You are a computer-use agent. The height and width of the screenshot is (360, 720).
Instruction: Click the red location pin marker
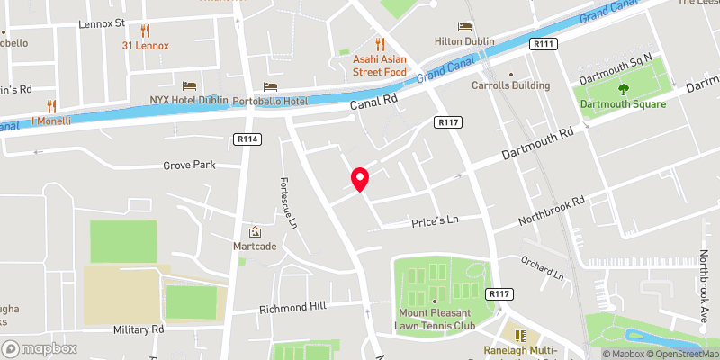tap(360, 178)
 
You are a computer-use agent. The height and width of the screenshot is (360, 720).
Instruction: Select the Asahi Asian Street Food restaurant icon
tap(380, 43)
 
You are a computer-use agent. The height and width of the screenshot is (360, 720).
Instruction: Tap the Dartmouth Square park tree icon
tap(623, 89)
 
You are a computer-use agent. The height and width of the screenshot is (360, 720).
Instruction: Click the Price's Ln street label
tap(435, 220)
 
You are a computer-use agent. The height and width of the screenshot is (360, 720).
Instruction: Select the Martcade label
tap(255, 246)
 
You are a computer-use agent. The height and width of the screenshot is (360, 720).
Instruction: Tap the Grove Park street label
tap(189, 166)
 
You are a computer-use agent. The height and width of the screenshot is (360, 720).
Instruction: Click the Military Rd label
tap(139, 329)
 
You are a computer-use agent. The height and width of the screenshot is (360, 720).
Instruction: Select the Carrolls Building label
tap(511, 85)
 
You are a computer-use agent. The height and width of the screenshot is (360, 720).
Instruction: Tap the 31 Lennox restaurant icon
tap(146, 30)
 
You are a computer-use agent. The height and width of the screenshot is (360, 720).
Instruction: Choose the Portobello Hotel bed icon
tap(269, 85)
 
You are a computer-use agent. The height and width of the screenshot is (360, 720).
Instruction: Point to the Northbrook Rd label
tap(552, 211)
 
